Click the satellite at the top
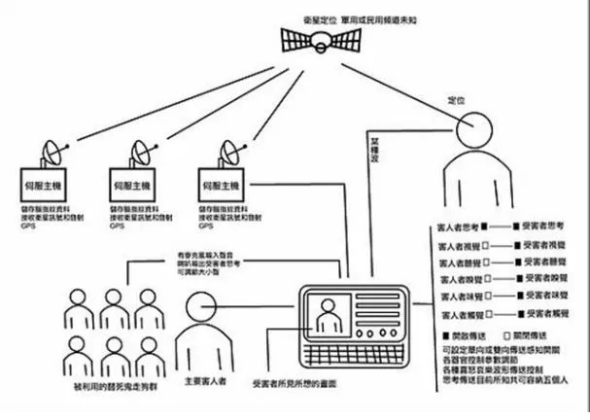coord(319,40)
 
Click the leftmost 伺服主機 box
coord(44,184)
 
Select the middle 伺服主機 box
coord(133,184)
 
